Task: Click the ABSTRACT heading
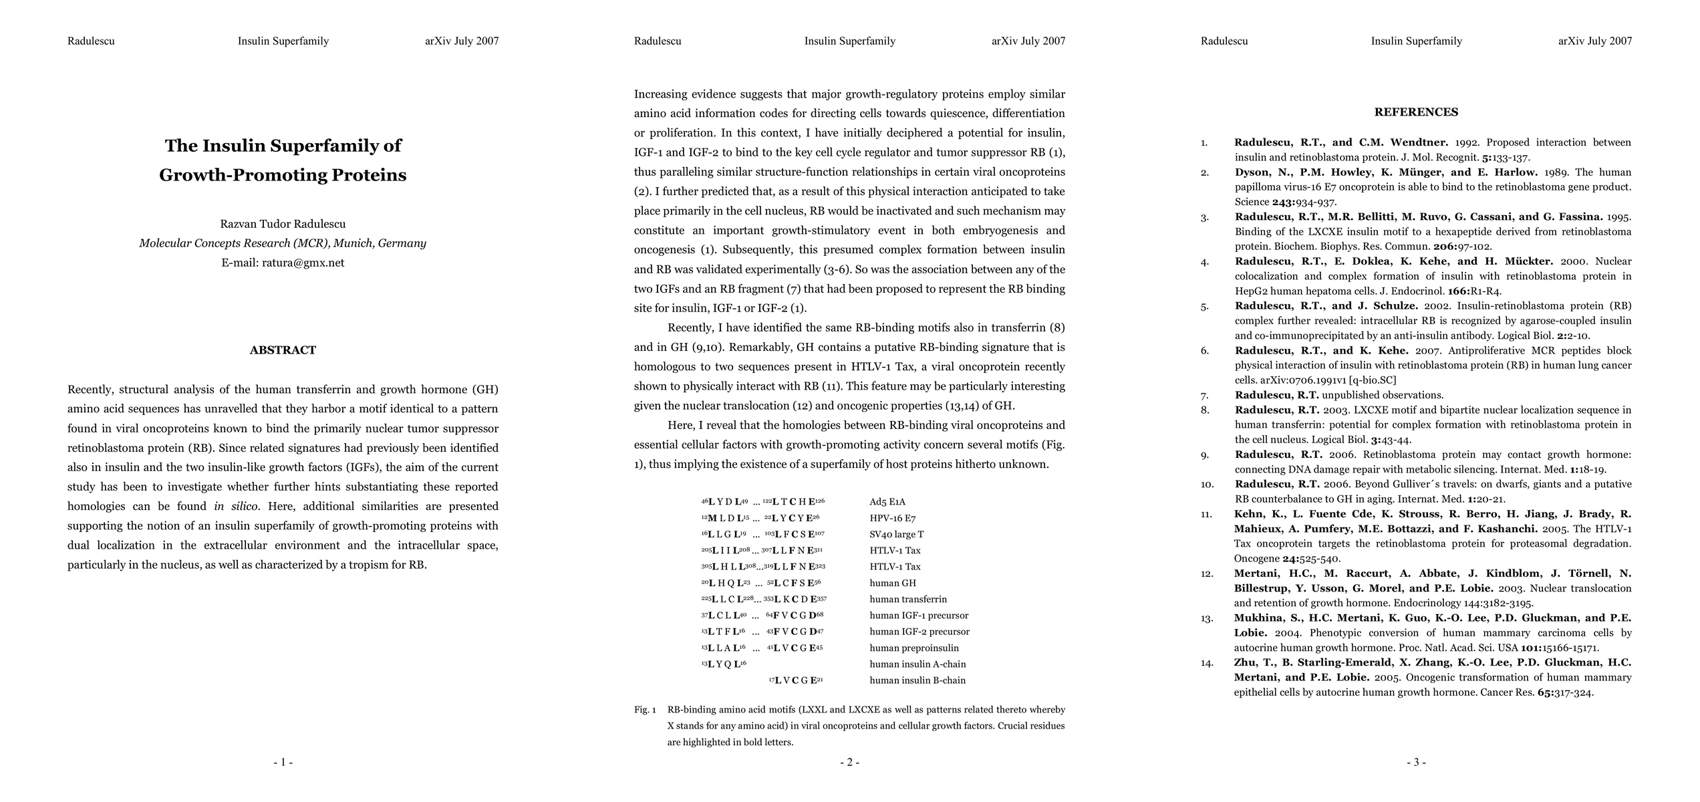[283, 350]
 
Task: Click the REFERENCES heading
[1416, 112]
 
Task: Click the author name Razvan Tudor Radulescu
[283, 224]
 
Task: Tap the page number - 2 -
[849, 762]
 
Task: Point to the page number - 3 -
[1416, 762]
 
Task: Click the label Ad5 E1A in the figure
[887, 502]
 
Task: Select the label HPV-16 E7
[892, 518]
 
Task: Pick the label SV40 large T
[896, 534]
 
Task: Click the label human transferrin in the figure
[907, 599]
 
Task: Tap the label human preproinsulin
[913, 648]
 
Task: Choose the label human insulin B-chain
[917, 680]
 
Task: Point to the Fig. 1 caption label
[645, 710]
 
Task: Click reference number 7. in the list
[1205, 396]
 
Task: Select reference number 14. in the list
[1206, 663]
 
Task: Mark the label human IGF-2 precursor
[919, 632]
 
